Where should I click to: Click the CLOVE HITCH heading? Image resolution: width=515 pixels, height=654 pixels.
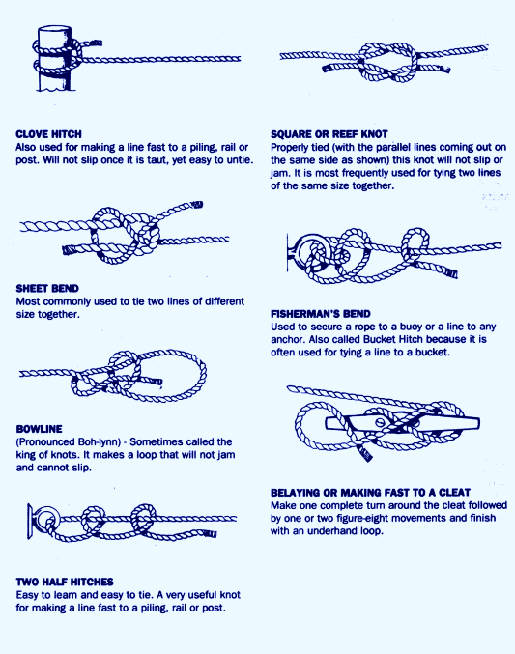tap(48, 134)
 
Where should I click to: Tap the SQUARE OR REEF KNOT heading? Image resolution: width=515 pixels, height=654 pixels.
tap(329, 134)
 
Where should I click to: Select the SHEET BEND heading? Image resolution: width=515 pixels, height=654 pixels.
tap(47, 289)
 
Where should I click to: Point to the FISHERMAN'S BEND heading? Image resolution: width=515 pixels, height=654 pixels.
tap(321, 314)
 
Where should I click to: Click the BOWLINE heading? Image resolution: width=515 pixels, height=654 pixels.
tap(39, 429)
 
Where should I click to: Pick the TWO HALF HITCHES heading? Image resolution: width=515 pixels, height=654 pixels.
tap(65, 582)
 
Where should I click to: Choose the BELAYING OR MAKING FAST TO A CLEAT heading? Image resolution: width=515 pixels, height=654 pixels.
tap(371, 493)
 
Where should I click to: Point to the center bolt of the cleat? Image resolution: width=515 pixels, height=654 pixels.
tap(380, 422)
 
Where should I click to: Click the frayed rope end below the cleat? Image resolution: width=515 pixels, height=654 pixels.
tap(365, 453)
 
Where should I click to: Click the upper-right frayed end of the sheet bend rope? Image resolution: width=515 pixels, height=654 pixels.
tap(196, 205)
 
